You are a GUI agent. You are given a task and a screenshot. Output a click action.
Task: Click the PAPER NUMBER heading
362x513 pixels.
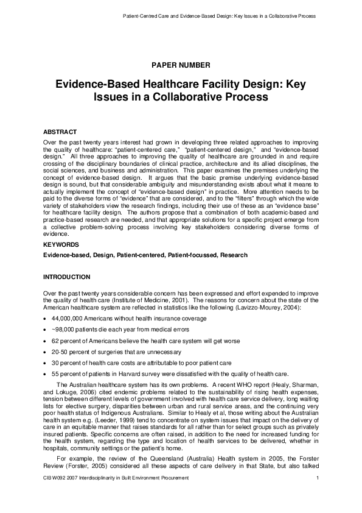(x=181, y=65)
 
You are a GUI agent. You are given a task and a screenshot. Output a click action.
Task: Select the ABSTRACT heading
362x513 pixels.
(x=60, y=132)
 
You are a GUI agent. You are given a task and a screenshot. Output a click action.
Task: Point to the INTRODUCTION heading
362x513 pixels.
(x=66, y=277)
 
